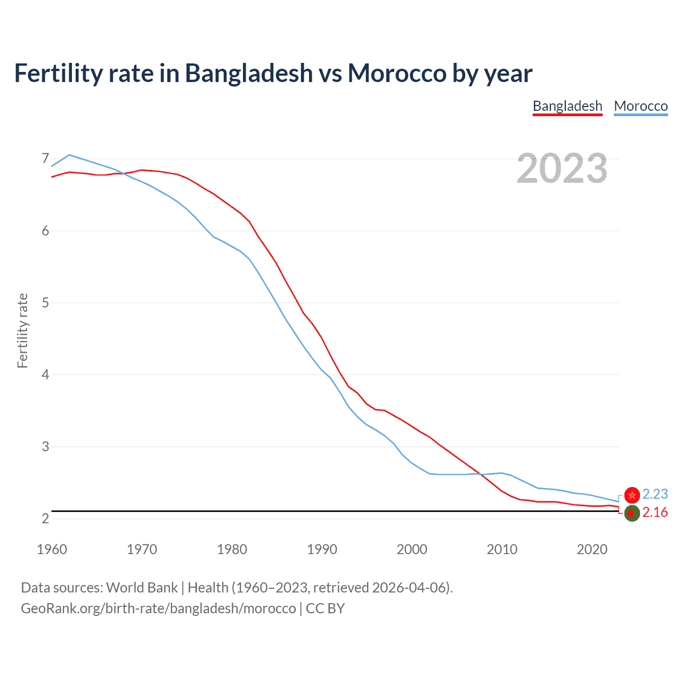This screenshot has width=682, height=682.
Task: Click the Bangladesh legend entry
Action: click(567, 106)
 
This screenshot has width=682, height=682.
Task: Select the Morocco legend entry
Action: click(640, 106)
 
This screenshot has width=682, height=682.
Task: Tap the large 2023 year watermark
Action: click(562, 168)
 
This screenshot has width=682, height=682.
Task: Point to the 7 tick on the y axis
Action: click(45, 159)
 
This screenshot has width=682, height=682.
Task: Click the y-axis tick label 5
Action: click(45, 303)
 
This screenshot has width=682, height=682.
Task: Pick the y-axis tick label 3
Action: click(45, 446)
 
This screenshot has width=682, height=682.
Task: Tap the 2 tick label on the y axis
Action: click(45, 518)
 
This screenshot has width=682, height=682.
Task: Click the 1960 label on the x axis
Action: click(52, 549)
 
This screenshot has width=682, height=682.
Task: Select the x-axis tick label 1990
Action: click(322, 549)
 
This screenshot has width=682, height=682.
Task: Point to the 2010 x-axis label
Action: click(502, 549)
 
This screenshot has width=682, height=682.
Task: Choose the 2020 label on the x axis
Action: click(592, 549)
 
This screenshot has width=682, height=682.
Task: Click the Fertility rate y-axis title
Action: click(22, 330)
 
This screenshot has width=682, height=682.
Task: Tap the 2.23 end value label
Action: click(655, 494)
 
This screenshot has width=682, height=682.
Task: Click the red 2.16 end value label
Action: click(655, 513)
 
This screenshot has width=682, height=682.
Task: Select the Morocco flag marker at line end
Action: click(632, 495)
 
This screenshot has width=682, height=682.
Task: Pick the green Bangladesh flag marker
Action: click(632, 513)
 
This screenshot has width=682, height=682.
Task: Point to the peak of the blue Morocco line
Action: click(69, 155)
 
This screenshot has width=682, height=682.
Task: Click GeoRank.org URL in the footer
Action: click(158, 608)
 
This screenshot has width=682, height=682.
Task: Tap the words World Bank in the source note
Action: click(142, 588)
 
